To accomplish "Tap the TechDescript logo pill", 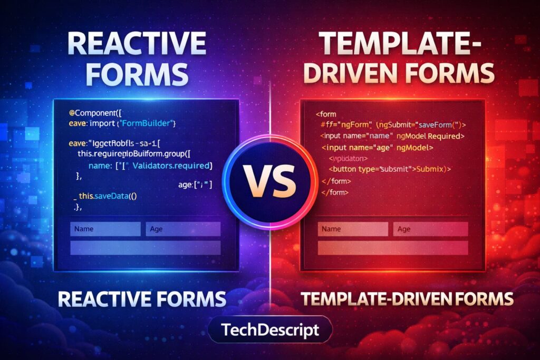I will [270, 330].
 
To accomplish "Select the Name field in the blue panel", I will [105, 229].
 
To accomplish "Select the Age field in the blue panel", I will [183, 229].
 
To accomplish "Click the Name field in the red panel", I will [353, 229].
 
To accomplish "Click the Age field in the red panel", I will [430, 229].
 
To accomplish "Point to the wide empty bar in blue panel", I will [145, 248].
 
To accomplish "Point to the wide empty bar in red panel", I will [392, 248].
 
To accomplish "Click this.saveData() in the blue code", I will [108, 196].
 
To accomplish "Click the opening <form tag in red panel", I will [326, 113].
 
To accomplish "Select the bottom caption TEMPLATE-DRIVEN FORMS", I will [407, 299].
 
